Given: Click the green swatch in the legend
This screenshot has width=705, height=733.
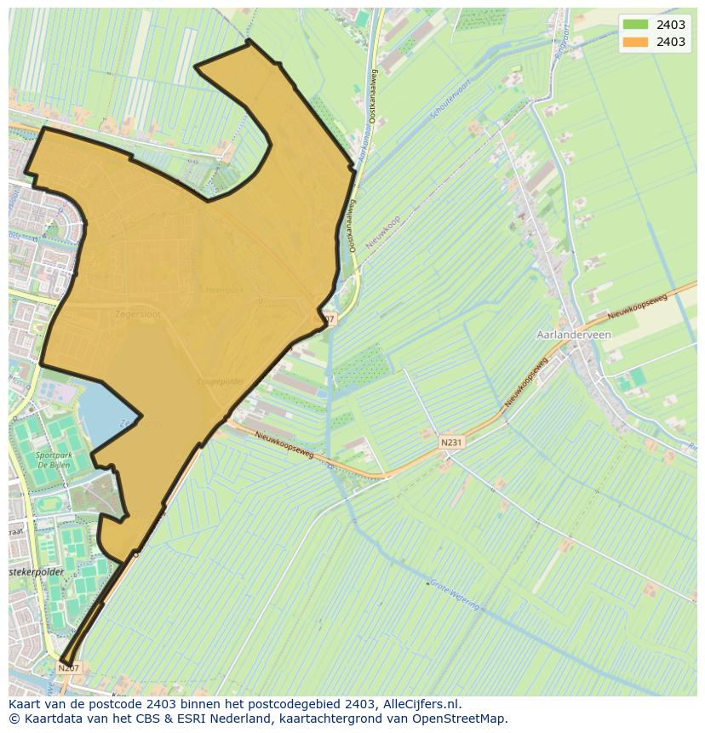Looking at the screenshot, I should [635, 25].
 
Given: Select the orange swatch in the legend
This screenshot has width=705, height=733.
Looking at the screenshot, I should [635, 42].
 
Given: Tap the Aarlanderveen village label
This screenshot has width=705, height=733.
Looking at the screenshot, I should [574, 335].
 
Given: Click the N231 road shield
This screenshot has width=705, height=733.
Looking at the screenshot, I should [451, 443].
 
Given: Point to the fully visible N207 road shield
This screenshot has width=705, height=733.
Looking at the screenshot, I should [69, 668].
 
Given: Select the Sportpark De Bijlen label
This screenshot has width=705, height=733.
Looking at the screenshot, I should [53, 461].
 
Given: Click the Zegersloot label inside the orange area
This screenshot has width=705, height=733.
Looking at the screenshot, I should [137, 314].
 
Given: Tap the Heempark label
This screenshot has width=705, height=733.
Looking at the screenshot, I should [224, 289].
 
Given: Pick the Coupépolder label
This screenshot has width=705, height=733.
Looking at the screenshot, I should [221, 381].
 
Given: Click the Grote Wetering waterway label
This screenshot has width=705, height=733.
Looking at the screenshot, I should [454, 594].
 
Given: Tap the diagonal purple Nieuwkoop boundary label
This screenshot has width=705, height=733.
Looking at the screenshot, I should [382, 231].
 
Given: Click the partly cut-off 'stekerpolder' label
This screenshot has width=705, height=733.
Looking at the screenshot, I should [37, 572].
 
